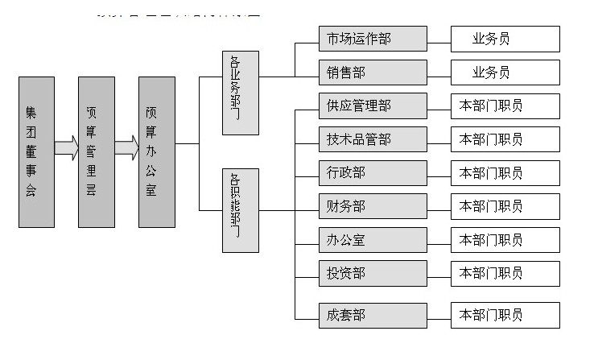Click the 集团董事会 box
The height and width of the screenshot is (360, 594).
(x=36, y=151)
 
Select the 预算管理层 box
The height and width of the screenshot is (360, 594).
(x=96, y=151)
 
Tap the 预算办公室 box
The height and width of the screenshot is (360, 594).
(x=156, y=151)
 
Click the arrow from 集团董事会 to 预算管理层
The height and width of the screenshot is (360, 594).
(x=66, y=147)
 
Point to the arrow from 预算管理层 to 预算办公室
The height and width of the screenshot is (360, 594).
(x=126, y=147)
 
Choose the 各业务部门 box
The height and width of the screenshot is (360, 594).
(x=241, y=93)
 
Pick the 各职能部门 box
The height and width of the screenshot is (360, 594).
(x=241, y=210)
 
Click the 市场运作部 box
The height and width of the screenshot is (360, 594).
(x=373, y=39)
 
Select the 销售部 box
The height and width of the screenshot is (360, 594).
(x=373, y=72)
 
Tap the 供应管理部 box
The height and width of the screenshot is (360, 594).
(x=373, y=106)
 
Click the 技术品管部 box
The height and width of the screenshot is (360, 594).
(x=373, y=139)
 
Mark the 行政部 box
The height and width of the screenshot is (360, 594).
(x=373, y=173)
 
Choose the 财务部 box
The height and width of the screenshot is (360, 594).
(x=373, y=207)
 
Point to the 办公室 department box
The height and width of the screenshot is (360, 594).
(x=373, y=240)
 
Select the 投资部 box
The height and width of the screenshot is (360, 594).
(x=373, y=274)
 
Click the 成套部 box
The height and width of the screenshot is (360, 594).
(x=373, y=315)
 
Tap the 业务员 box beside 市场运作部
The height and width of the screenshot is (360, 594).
(x=505, y=39)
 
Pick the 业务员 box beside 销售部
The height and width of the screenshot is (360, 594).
(x=505, y=72)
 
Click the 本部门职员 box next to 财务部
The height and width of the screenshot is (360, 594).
(x=505, y=207)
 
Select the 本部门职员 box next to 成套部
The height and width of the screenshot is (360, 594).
(x=505, y=315)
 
